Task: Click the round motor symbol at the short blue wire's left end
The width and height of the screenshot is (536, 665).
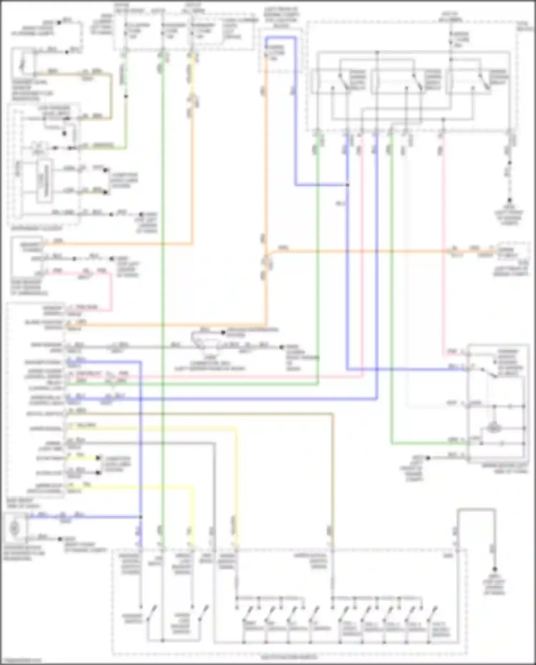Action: coord(15,527)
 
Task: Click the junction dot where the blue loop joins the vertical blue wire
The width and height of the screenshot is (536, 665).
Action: coord(347,185)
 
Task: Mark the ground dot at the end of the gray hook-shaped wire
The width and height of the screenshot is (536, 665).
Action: coord(495,569)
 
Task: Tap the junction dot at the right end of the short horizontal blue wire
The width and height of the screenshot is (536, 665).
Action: coord(141,517)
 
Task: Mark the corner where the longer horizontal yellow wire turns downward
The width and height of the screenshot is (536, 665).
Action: coord(236,428)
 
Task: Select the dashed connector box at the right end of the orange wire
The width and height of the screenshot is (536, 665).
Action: coord(512,252)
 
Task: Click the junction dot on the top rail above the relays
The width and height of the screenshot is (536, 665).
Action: coord(377,53)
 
